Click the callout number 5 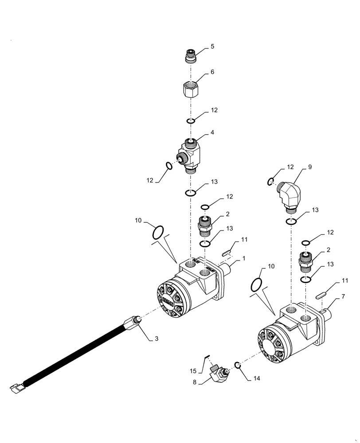tap(212, 46)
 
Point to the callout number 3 tap(156, 338)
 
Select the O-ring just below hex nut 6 tap(191, 121)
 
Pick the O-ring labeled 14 tap(238, 365)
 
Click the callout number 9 tap(310, 167)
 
